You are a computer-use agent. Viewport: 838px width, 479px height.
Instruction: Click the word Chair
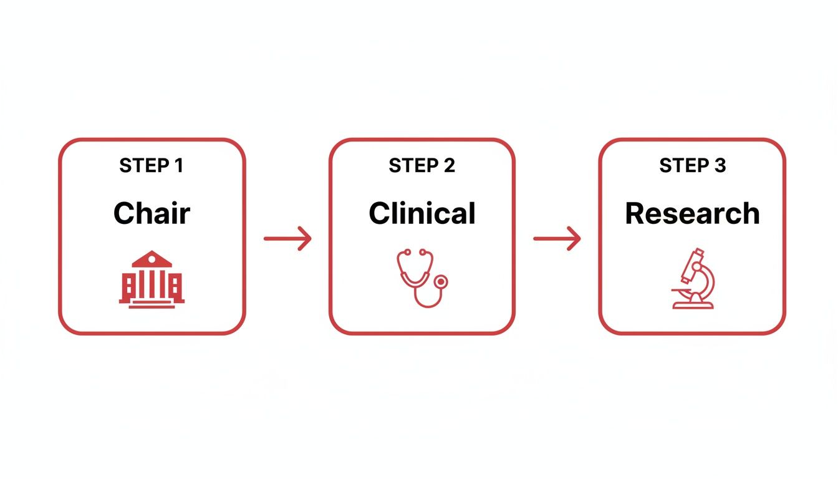(152, 213)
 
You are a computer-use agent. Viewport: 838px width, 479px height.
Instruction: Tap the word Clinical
(421, 213)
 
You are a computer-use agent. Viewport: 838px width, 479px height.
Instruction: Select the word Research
(692, 213)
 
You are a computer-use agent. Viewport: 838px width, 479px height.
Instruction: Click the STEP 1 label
(152, 166)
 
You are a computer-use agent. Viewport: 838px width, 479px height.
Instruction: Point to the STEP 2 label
(421, 166)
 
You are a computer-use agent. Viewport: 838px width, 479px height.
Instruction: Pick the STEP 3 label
(692, 166)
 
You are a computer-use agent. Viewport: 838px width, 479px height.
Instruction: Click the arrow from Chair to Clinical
(287, 238)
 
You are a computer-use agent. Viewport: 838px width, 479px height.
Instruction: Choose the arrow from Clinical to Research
(557, 238)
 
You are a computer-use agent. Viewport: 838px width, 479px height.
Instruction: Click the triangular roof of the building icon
(152, 259)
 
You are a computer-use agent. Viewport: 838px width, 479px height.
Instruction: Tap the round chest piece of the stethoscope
(441, 282)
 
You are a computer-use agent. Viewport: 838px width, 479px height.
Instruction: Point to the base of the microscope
(693, 304)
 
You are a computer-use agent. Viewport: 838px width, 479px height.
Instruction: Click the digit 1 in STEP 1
(179, 166)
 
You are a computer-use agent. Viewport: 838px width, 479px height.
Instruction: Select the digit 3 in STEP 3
(720, 166)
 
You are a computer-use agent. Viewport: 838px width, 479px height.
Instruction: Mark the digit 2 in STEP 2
(449, 166)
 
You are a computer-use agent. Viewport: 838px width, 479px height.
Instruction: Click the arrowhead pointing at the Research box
(575, 238)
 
